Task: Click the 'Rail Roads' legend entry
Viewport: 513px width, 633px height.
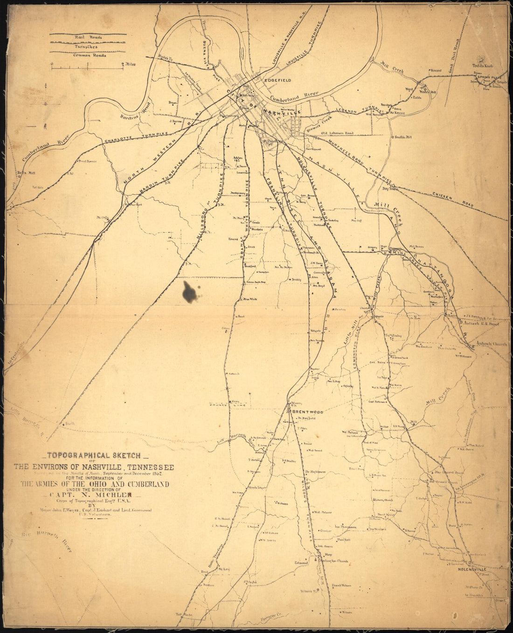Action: [89, 37]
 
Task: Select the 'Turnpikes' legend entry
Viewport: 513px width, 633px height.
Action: [89, 46]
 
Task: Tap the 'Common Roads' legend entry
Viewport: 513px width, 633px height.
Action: [89, 55]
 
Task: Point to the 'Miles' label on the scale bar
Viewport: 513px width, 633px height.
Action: [130, 64]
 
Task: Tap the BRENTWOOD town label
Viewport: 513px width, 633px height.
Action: [307, 412]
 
